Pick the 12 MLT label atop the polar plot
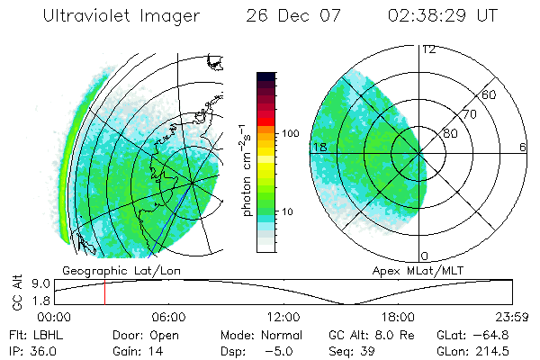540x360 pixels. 428,49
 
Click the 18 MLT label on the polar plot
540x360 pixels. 318,147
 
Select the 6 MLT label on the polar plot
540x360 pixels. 522,147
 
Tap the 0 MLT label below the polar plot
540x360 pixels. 426,256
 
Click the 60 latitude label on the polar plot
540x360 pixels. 490,94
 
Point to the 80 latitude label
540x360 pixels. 451,133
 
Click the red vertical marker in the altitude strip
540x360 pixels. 104,292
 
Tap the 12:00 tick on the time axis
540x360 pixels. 283,317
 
